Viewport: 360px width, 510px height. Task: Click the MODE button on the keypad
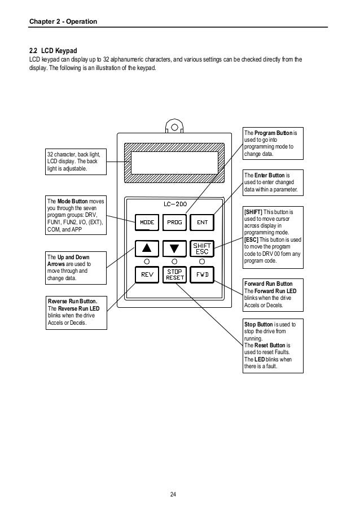(147, 222)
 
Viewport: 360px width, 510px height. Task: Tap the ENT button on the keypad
(202, 222)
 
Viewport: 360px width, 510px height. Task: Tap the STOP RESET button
(174, 275)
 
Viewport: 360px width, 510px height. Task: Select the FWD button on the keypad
(202, 275)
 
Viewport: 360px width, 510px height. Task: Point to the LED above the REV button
(147, 261)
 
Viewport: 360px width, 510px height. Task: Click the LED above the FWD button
(202, 261)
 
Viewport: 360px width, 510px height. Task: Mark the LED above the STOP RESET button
(174, 261)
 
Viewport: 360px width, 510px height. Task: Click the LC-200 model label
(174, 204)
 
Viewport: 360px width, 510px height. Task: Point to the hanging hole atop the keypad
(174, 128)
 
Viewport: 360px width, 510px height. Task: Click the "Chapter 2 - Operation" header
(63, 21)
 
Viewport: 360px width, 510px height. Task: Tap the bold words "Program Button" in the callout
(271, 133)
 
